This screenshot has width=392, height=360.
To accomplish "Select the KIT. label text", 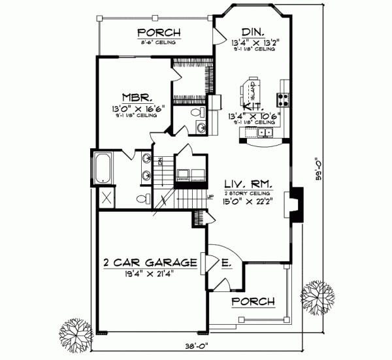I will [x=253, y=106].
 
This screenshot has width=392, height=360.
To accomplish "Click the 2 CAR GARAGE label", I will [x=150, y=263].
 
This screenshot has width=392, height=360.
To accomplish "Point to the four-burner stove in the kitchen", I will [x=284, y=100].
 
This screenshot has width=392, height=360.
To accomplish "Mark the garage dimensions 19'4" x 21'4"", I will [x=150, y=274].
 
